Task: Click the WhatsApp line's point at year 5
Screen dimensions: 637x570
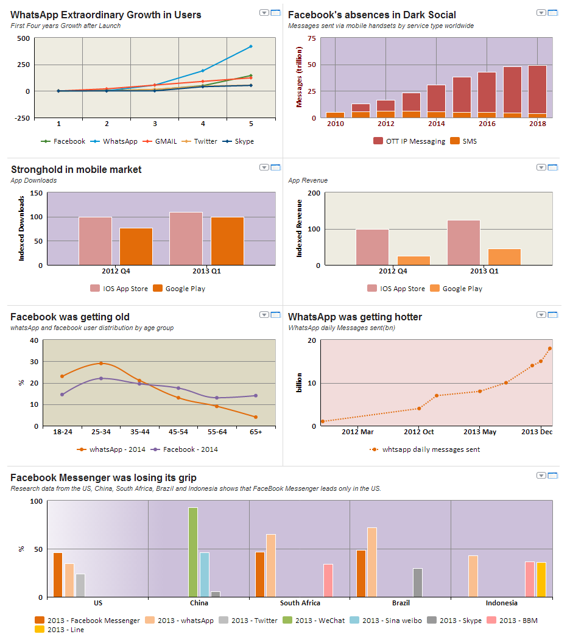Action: (251, 46)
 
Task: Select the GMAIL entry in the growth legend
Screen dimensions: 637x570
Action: (161, 141)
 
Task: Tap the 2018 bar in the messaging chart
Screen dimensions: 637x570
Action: (537, 91)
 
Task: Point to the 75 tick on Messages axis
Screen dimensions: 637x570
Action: (312, 38)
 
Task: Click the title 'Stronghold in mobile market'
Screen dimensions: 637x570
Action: (76, 170)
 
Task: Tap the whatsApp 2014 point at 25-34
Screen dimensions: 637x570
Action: (101, 364)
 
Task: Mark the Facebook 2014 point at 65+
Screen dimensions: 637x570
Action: (255, 396)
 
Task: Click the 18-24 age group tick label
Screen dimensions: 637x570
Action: (63, 432)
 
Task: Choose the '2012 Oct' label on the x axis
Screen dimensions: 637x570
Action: (418, 432)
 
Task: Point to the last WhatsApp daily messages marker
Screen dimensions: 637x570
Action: (550, 348)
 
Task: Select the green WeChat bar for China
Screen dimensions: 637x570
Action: (193, 552)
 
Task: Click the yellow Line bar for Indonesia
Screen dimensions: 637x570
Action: (541, 579)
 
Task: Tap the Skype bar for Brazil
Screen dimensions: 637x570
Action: (417, 582)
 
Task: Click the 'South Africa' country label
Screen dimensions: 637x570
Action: (300, 603)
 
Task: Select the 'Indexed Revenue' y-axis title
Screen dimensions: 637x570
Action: (299, 228)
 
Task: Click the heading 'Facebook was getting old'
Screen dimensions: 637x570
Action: (70, 317)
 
